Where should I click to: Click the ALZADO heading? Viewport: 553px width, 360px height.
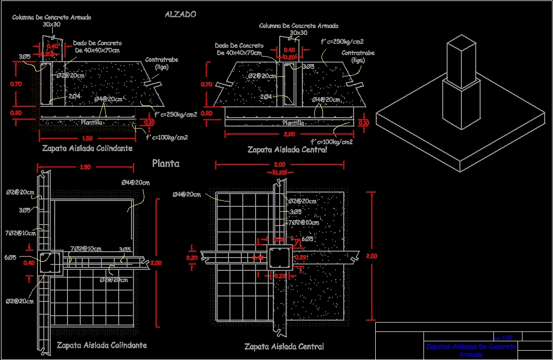pyautogui.click(x=180, y=14)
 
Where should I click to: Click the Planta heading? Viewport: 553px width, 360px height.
pyautogui.click(x=165, y=164)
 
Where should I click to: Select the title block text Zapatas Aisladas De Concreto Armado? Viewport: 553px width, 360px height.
pyautogui.click(x=471, y=350)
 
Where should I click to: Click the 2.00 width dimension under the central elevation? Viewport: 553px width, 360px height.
pyautogui.click(x=289, y=134)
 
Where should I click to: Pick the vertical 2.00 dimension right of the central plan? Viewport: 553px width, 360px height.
pyautogui.click(x=372, y=256)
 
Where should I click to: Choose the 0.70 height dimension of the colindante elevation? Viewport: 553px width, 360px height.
pyautogui.click(x=16, y=84)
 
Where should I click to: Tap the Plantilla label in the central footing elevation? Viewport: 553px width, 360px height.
pyautogui.click(x=293, y=123)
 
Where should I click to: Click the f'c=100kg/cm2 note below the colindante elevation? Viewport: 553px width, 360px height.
pyautogui.click(x=167, y=137)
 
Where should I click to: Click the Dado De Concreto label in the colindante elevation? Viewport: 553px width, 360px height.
pyautogui.click(x=98, y=47)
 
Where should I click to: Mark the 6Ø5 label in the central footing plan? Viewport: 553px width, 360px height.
pyautogui.click(x=307, y=239)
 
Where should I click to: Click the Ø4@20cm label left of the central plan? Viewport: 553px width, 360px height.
pyautogui.click(x=187, y=195)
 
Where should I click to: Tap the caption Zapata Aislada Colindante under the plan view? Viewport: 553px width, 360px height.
pyautogui.click(x=101, y=345)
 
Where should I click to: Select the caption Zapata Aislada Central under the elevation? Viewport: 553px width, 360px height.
pyautogui.click(x=287, y=150)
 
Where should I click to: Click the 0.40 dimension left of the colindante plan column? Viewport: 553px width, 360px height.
pyautogui.click(x=29, y=262)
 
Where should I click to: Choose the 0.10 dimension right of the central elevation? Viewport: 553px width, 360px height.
pyautogui.click(x=364, y=123)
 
